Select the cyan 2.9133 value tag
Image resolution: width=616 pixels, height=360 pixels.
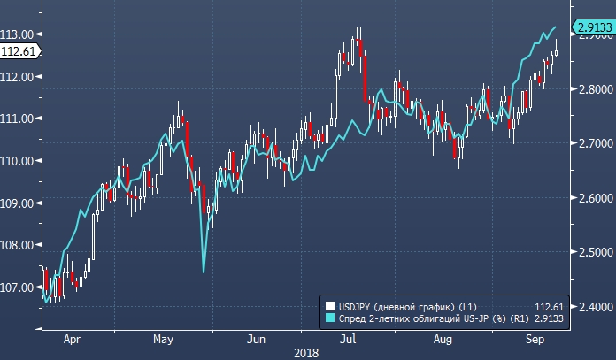click(593, 27)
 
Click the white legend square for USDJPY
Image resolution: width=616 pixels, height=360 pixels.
click(331, 305)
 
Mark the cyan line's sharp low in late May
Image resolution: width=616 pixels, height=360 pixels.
click(204, 272)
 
